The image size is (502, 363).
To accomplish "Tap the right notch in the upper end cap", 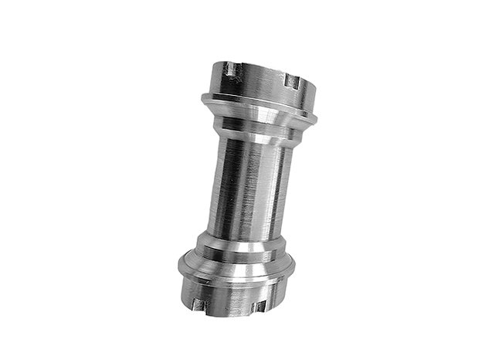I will (291, 80).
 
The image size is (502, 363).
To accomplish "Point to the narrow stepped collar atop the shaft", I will (251, 137).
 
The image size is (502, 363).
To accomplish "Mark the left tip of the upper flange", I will (202, 98).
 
